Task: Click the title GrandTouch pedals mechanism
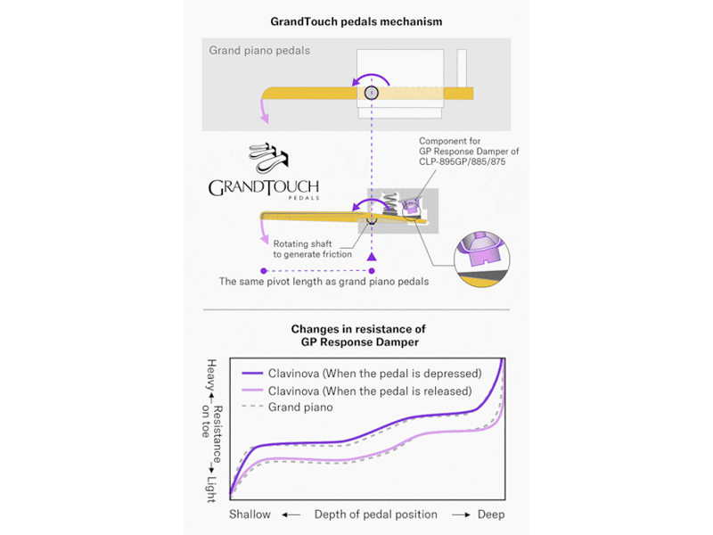[x=356, y=21]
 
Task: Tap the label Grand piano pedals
[x=259, y=51]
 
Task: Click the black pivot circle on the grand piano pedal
[x=372, y=93]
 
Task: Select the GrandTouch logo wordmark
[x=264, y=188]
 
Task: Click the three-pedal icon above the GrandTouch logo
[x=269, y=158]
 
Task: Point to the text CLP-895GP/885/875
[x=462, y=162]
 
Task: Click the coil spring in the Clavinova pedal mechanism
[x=390, y=203]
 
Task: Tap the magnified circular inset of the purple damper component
[x=482, y=259]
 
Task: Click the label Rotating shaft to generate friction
[x=313, y=249]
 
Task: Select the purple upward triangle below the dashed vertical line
[x=372, y=257]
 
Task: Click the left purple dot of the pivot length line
[x=264, y=271]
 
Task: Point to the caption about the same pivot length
[x=324, y=282]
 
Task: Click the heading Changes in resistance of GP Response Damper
[x=359, y=335]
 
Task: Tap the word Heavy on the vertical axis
[x=211, y=374]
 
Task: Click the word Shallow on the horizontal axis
[x=250, y=514]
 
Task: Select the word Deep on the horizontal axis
[x=491, y=514]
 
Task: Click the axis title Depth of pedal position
[x=375, y=514]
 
